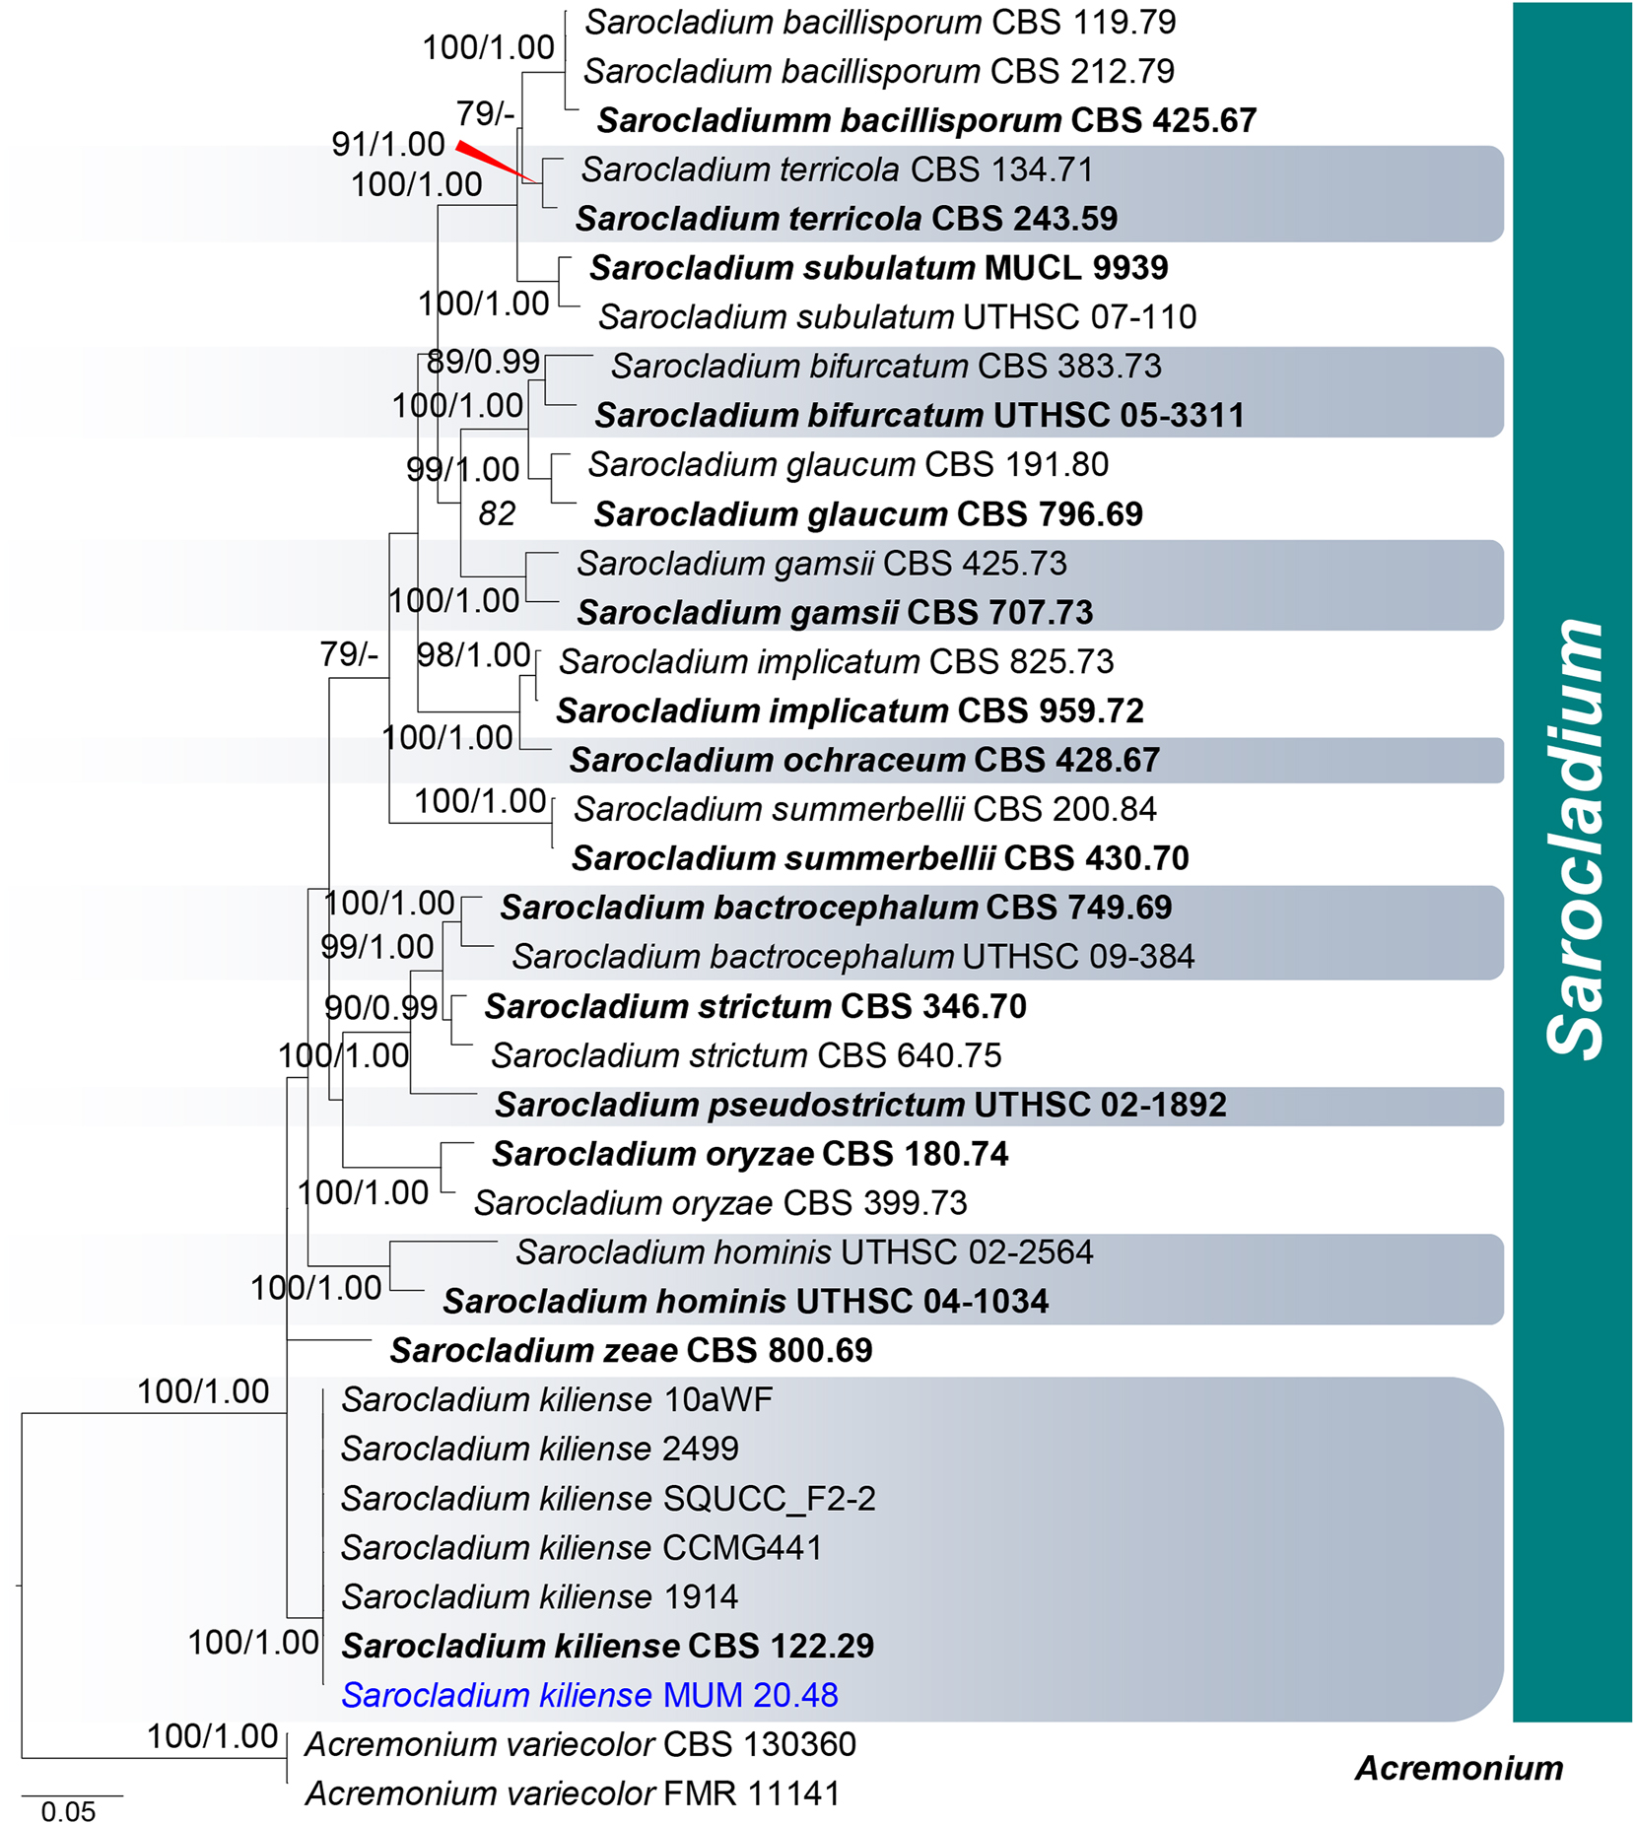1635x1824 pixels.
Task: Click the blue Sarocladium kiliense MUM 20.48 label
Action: pyautogui.click(x=589, y=1695)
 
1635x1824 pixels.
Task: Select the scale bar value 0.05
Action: pyautogui.click(x=68, y=1811)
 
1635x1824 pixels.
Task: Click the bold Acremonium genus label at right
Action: pyautogui.click(x=1459, y=1768)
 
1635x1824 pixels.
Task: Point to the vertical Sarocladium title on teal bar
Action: pyautogui.click(x=1574, y=838)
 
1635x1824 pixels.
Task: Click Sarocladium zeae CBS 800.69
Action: pyautogui.click(x=631, y=1350)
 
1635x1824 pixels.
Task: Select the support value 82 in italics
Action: pyautogui.click(x=497, y=513)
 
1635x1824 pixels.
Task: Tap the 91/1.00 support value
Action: pyautogui.click(x=387, y=144)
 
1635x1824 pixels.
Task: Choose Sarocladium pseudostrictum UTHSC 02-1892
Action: pyautogui.click(x=860, y=1105)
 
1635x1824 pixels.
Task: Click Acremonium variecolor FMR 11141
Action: pyautogui.click(x=573, y=1793)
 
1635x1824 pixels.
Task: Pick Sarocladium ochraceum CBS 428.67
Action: pyautogui.click(x=864, y=760)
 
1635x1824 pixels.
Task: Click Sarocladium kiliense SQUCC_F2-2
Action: pyautogui.click(x=608, y=1498)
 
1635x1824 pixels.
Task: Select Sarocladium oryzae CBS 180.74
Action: pyautogui.click(x=750, y=1154)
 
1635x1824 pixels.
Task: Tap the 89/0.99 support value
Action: pyautogui.click(x=483, y=362)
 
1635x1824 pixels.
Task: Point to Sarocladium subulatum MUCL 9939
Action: pyautogui.click(x=878, y=267)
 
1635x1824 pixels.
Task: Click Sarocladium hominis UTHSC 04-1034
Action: pyautogui.click(x=745, y=1301)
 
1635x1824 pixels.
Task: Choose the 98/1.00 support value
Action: pyautogui.click(x=473, y=654)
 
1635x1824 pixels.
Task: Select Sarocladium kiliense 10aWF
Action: pyautogui.click(x=557, y=1399)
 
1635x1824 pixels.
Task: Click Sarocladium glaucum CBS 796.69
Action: pyautogui.click(x=868, y=513)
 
